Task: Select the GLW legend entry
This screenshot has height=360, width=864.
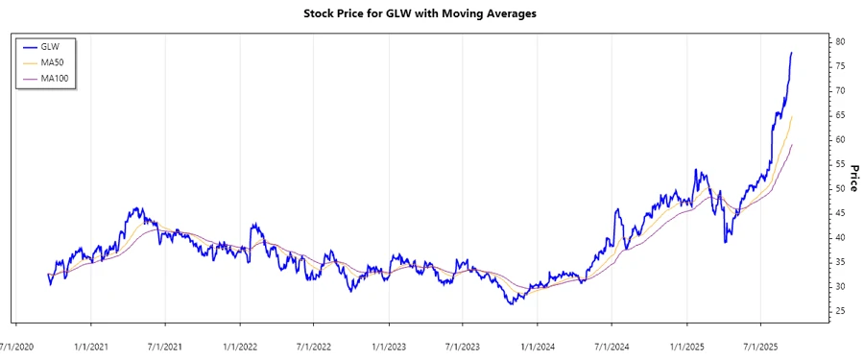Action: pyautogui.click(x=52, y=45)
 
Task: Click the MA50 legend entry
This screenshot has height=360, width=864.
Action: pyautogui.click(x=55, y=61)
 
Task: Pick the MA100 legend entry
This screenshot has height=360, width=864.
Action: pyautogui.click(x=57, y=78)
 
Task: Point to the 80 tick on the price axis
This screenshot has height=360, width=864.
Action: pyautogui.click(x=840, y=42)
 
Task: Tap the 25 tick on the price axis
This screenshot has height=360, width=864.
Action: pyautogui.click(x=840, y=311)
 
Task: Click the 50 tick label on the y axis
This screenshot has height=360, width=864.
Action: pyautogui.click(x=840, y=189)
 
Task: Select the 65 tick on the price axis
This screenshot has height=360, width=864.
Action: pyautogui.click(x=840, y=115)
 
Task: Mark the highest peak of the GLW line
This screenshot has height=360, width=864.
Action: pyautogui.click(x=792, y=52)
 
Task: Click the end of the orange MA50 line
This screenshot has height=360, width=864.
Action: pyautogui.click(x=792, y=117)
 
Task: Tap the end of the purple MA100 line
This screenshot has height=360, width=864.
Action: pyautogui.click(x=792, y=145)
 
